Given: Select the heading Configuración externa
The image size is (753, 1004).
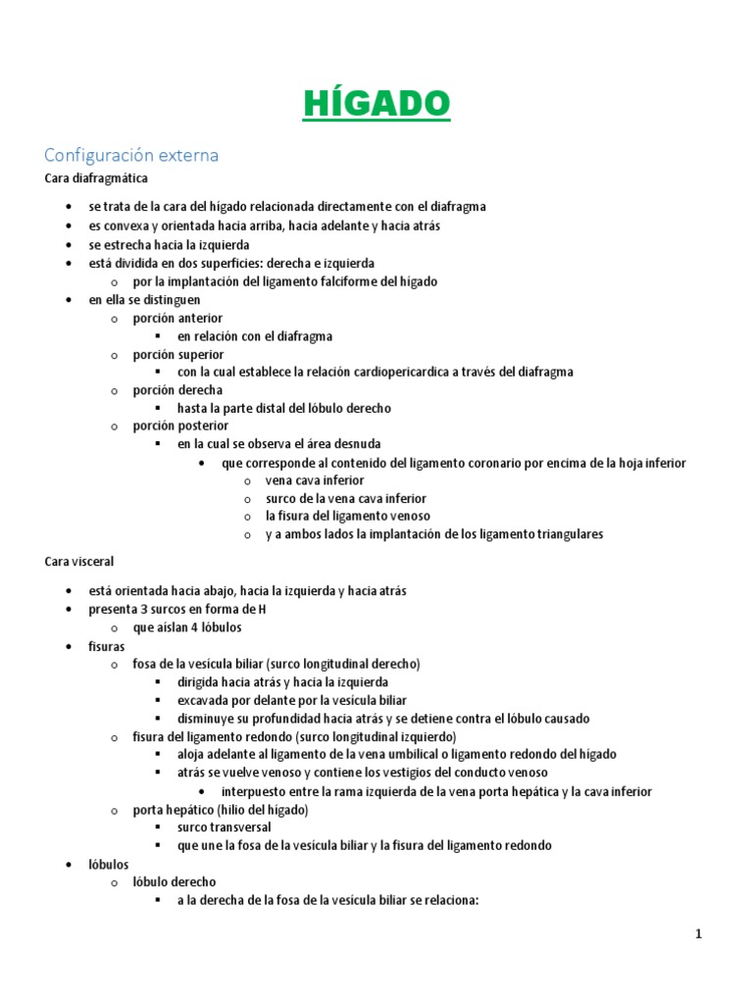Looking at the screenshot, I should tap(131, 155).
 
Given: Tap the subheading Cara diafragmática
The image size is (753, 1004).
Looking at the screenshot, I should tap(96, 178).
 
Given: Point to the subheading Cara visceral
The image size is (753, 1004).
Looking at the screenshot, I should tap(79, 562).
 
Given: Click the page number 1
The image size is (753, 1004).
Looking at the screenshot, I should tap(699, 934).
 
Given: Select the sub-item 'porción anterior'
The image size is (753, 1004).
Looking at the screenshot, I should tap(177, 318).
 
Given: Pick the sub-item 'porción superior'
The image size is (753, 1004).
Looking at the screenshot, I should tap(178, 354).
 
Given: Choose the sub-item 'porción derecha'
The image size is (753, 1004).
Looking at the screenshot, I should tap(177, 390).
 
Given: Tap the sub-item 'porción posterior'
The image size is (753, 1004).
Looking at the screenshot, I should tap(180, 426).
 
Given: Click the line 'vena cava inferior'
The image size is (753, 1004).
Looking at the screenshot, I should tap(314, 480).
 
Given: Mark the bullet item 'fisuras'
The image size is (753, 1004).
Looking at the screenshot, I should tap(107, 647).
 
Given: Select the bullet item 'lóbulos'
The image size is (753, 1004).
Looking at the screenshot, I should tap(108, 864).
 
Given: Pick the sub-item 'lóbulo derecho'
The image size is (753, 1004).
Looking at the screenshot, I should tap(175, 881).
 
